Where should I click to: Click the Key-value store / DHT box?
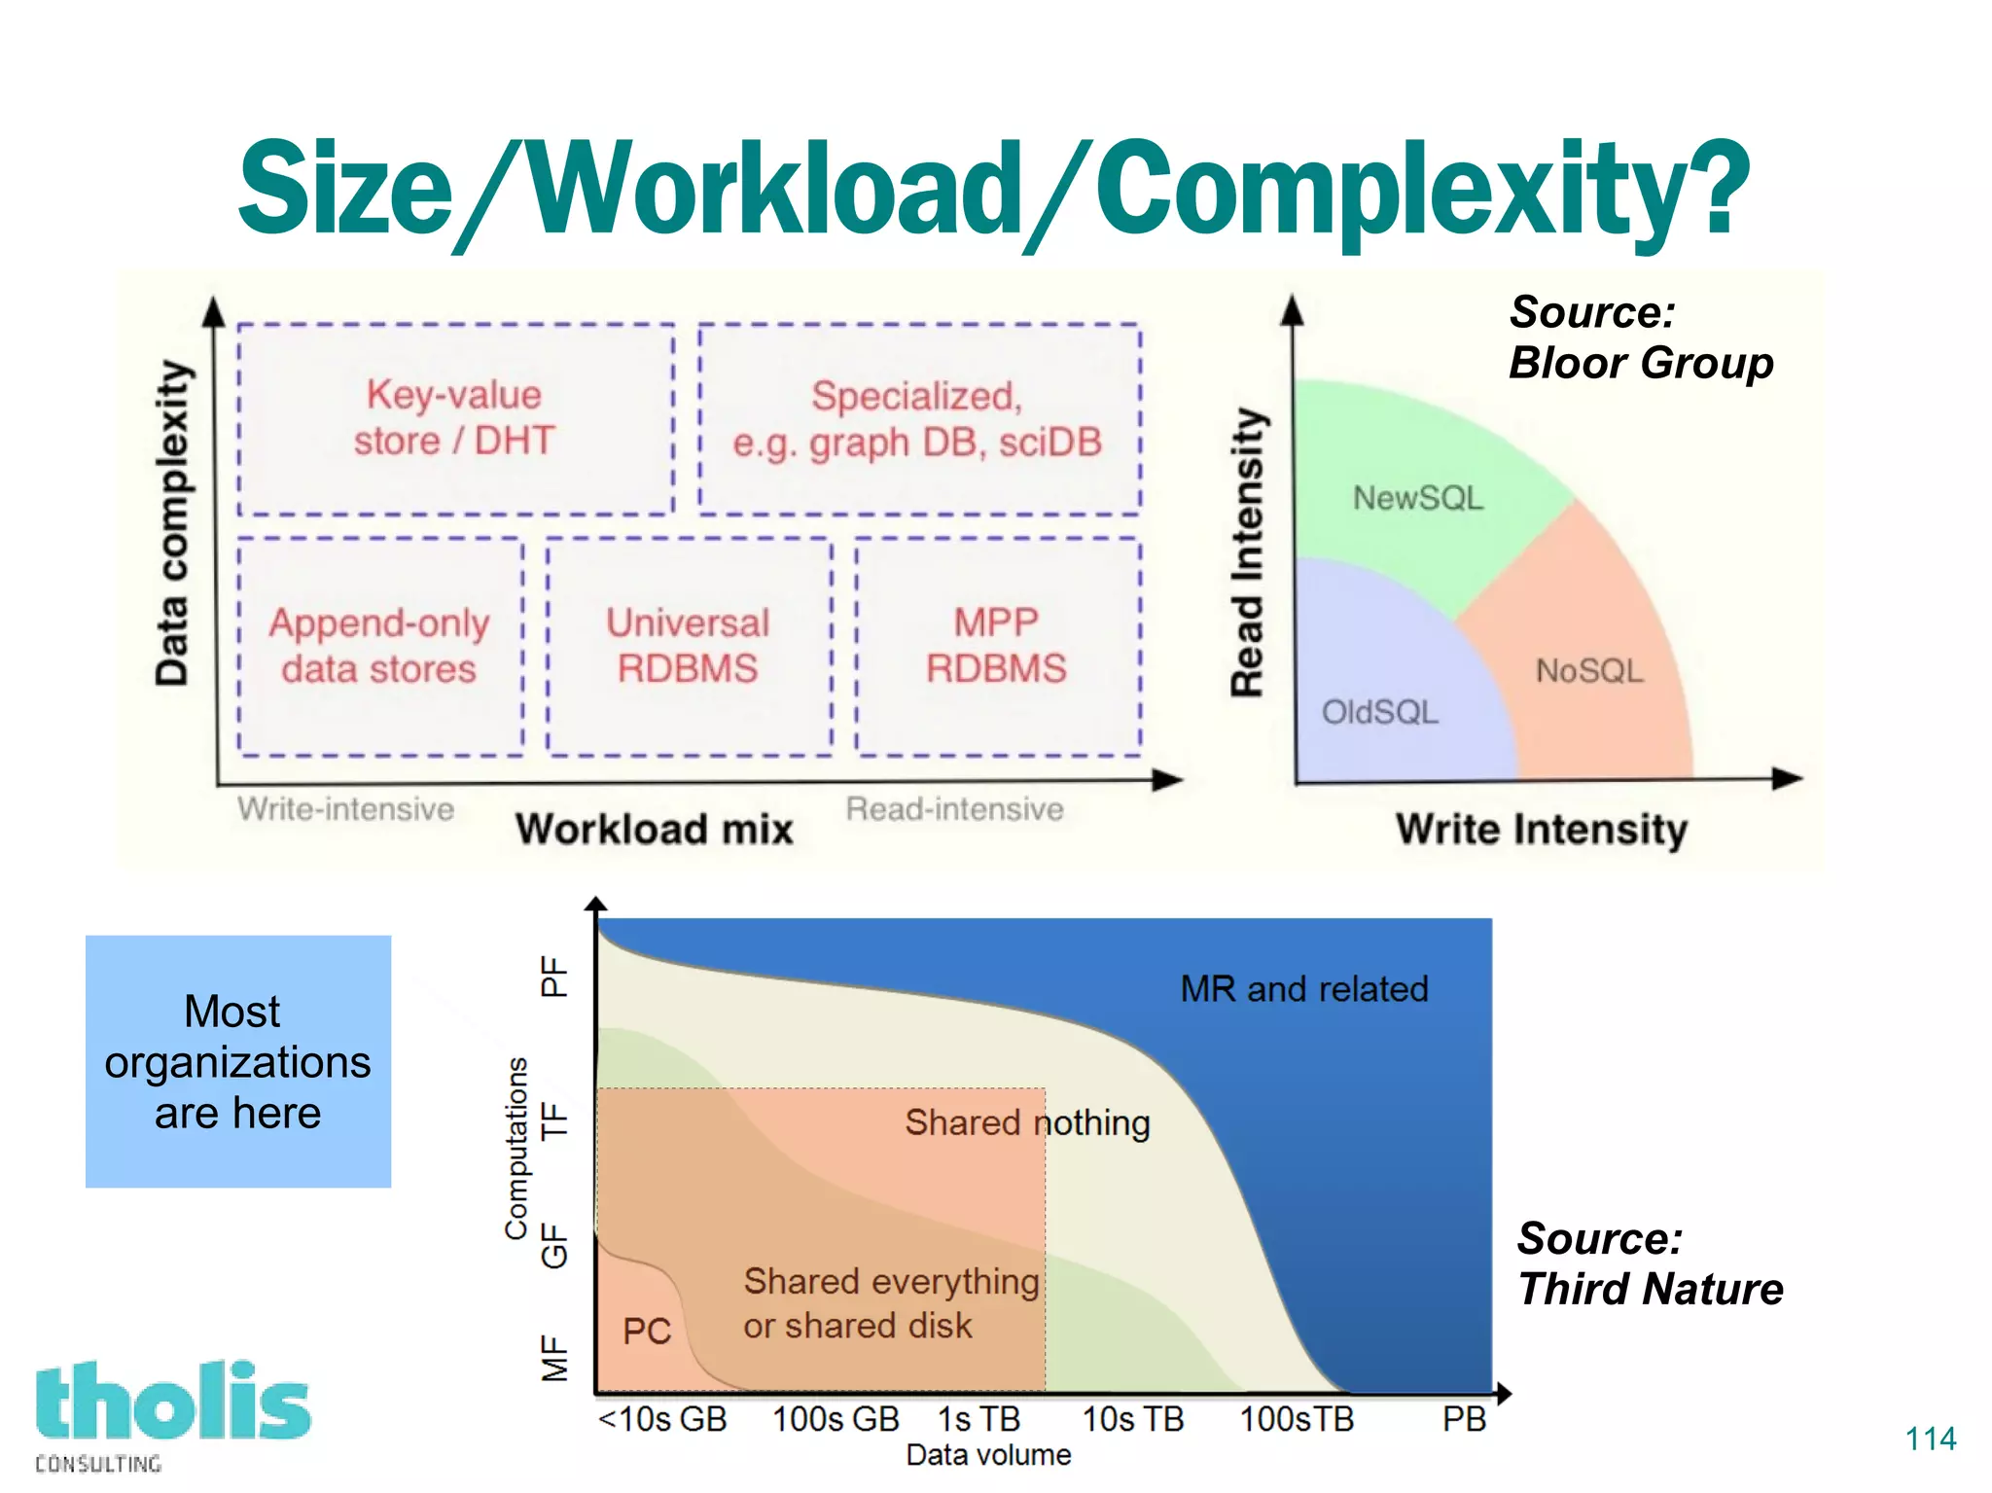[x=455, y=418]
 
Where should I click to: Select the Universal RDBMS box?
[x=689, y=646]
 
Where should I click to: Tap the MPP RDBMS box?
[x=997, y=646]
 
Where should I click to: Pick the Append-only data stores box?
[x=379, y=646]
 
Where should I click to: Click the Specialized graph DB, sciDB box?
[x=918, y=418]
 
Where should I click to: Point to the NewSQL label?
[x=1418, y=498]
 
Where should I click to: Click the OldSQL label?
[x=1379, y=712]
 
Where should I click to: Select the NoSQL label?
[x=1589, y=670]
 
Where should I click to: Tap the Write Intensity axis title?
[x=1542, y=830]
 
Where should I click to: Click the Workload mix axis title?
[x=655, y=830]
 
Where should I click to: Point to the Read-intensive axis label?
[x=954, y=808]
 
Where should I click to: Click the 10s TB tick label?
[x=1133, y=1419]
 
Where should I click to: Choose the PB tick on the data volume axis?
[x=1464, y=1419]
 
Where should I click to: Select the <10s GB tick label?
[x=662, y=1419]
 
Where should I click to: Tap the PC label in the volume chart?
[x=647, y=1332]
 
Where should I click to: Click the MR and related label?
[x=1304, y=989]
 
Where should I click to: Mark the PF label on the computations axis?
[x=554, y=976]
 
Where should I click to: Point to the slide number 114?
[x=1931, y=1439]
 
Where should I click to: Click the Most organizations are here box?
[x=238, y=1061]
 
